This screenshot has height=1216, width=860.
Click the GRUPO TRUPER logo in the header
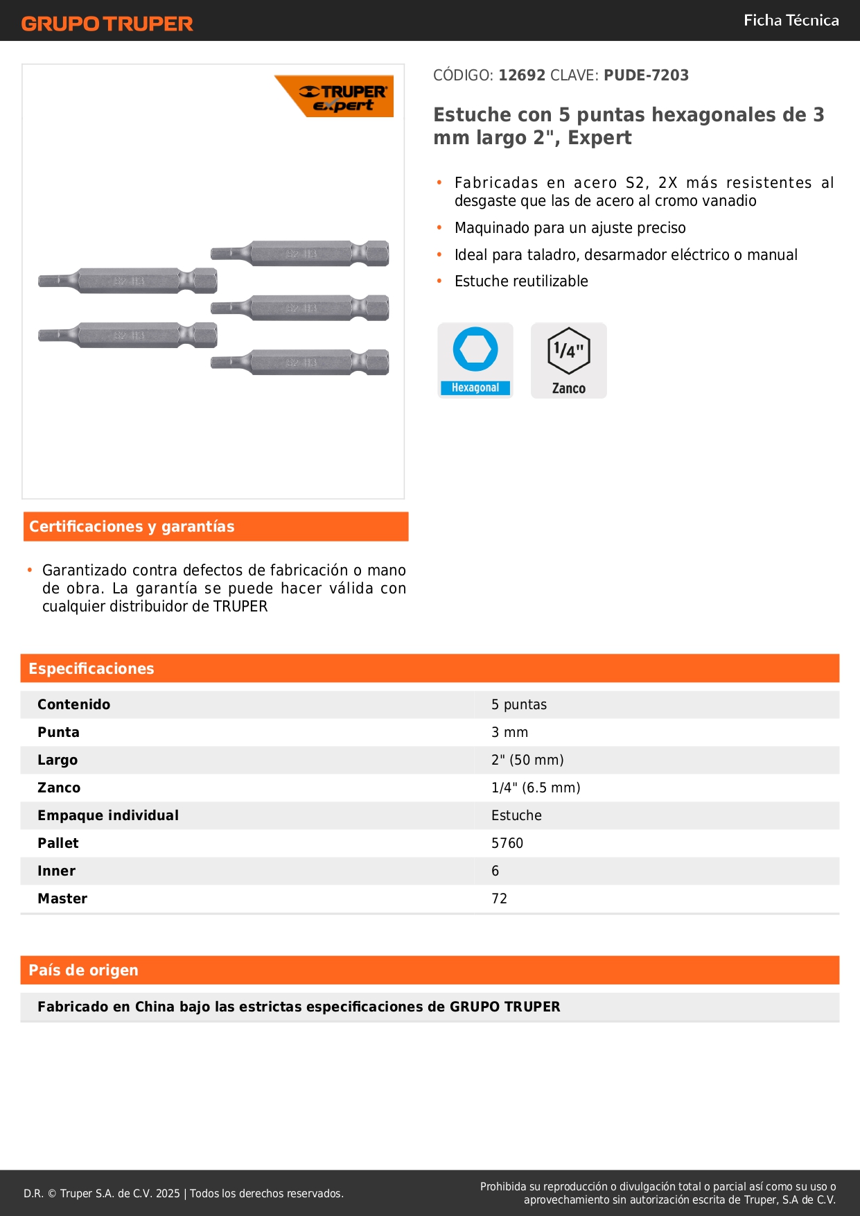coord(107,24)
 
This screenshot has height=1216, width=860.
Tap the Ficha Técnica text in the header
coord(791,20)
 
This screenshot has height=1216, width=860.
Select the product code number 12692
coord(522,75)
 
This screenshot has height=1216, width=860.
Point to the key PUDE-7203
coord(646,75)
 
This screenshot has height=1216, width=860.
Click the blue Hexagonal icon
coord(475,360)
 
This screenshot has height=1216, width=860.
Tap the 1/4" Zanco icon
coord(568,360)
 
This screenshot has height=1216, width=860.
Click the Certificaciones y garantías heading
coord(132,526)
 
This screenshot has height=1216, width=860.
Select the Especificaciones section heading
coord(91,668)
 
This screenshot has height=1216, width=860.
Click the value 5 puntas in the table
coord(519,704)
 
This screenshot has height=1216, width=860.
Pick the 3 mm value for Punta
coord(509,732)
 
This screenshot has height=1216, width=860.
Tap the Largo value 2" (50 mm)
coord(527,760)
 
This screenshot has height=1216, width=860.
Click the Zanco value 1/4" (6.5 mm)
coord(536,788)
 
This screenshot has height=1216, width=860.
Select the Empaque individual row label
coord(108,815)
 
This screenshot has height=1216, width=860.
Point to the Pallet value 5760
coord(507,843)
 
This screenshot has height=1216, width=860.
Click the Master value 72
coord(499,898)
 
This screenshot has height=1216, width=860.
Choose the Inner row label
coord(56,871)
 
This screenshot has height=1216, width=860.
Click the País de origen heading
coord(83,970)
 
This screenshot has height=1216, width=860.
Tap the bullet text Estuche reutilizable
coord(521,281)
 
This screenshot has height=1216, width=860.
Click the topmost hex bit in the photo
coord(300,253)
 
